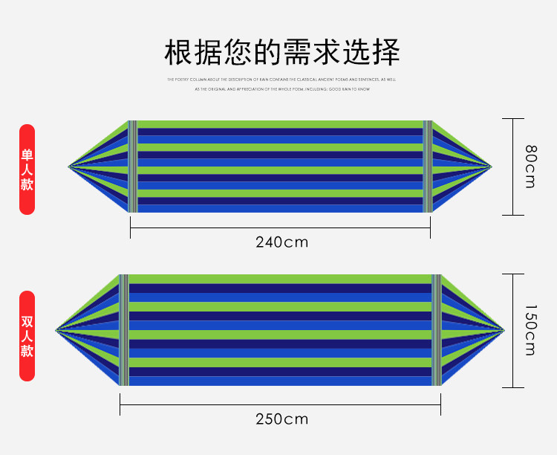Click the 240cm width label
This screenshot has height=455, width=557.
pos(281,242)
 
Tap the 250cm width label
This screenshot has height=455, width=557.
pos(281,419)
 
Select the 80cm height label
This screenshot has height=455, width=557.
pos(530,167)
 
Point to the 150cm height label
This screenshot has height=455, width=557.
pos(530,330)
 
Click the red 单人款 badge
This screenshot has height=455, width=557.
pos(27,170)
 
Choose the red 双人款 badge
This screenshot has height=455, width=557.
pos(27,336)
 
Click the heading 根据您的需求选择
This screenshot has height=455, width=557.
pos(281,53)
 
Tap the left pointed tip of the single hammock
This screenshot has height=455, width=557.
pos(69,166)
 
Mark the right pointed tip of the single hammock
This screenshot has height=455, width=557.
pos(491,166)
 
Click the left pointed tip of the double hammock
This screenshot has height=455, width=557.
pos(56,329)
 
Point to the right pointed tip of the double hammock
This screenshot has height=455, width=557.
pos(504,329)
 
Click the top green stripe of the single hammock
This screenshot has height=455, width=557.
pos(280,124)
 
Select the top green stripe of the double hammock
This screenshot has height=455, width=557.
pos(280,279)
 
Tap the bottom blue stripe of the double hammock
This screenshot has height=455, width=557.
pos(280,381)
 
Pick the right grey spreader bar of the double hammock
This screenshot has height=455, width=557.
pos(437,330)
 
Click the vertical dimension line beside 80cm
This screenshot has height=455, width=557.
pos(513,167)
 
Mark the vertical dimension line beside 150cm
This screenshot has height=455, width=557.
pos(513,330)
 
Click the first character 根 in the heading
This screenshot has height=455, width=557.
pos(180,53)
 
